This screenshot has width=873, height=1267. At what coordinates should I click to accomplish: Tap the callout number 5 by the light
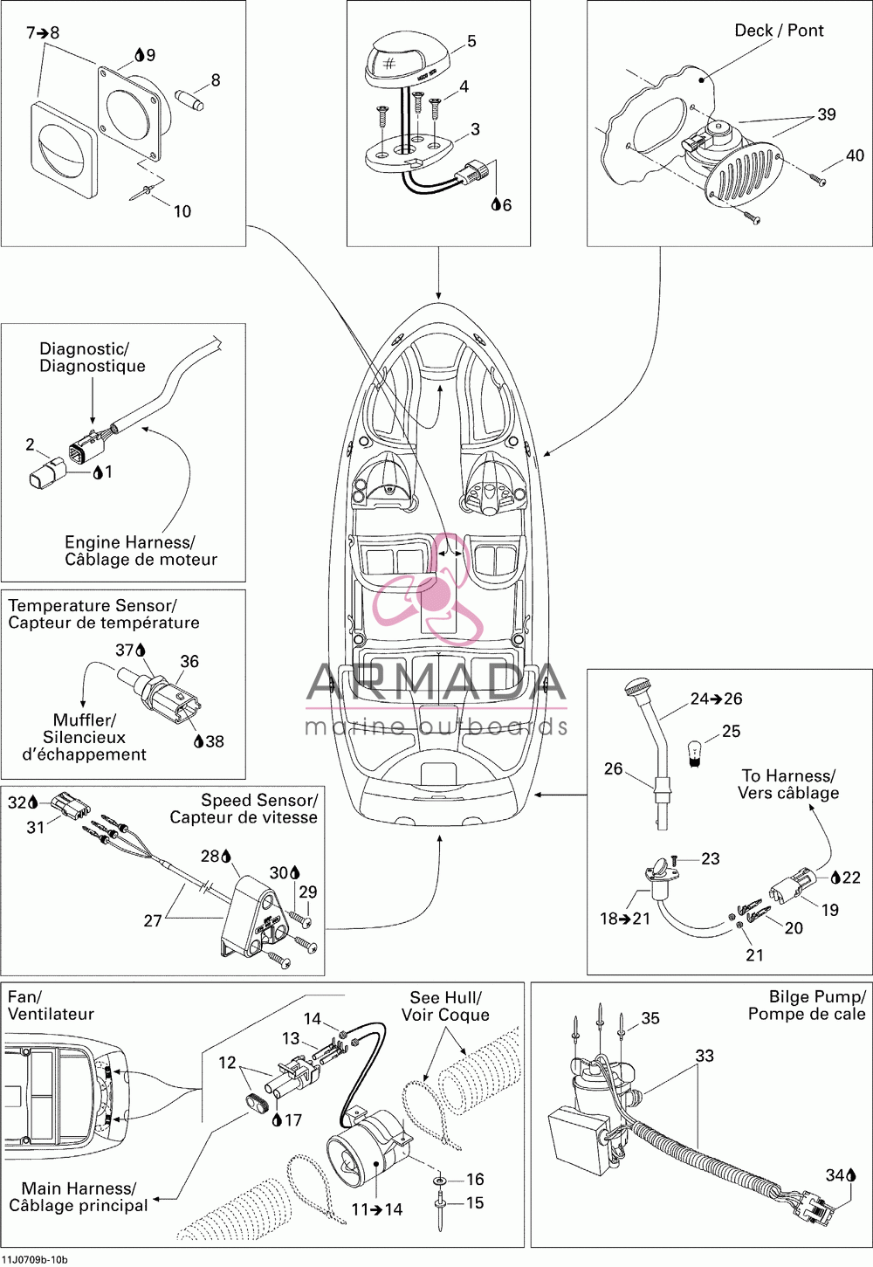471,41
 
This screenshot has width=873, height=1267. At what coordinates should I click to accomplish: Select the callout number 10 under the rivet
182,211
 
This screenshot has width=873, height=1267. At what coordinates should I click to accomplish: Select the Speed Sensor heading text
259,801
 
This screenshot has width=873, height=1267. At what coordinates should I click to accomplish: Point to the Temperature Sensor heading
93,606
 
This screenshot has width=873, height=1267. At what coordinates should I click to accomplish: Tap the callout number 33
705,1056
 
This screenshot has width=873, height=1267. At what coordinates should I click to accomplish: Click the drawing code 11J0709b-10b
35,1259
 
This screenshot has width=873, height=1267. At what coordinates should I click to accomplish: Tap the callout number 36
189,661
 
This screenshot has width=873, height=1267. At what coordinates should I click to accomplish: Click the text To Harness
788,775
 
